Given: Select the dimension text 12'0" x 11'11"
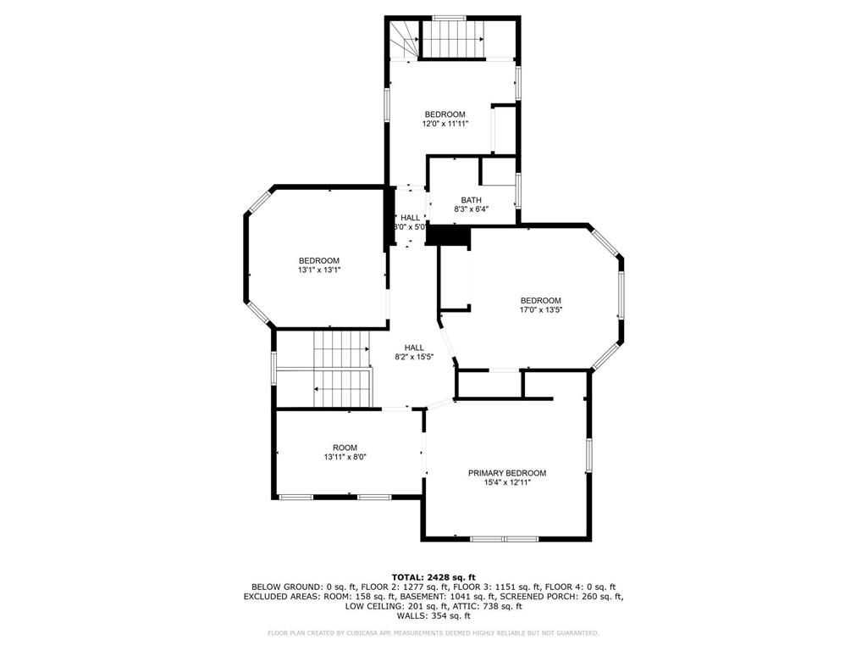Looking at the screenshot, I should [445, 124].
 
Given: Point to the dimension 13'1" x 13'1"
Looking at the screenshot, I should [319, 270].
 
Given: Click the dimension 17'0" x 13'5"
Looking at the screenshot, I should [540, 310].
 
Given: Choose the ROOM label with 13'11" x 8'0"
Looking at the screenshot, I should [345, 448].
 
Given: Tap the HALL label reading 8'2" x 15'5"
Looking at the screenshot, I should [414, 348].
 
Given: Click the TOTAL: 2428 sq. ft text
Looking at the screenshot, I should [433, 577].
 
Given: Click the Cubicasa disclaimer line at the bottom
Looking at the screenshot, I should [433, 633].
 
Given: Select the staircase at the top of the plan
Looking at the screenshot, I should [452, 39].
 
